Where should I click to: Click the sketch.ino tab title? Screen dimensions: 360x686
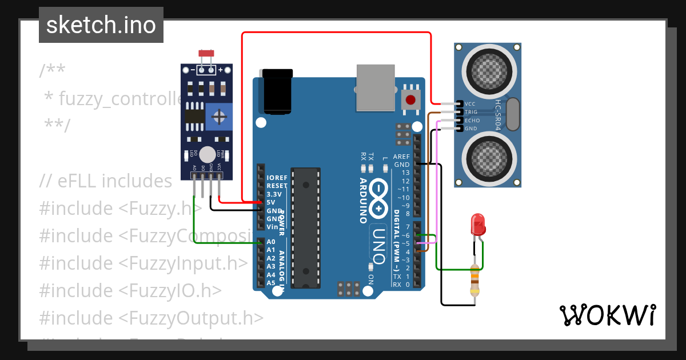(101, 25)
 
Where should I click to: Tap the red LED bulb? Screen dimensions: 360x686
(477, 225)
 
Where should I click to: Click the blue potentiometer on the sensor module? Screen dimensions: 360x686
(218, 117)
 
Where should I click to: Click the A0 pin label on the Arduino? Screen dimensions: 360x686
(271, 242)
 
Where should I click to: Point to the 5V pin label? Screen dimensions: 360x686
(271, 202)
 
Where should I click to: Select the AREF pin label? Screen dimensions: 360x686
(402, 157)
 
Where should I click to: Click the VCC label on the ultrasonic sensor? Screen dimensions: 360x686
(470, 104)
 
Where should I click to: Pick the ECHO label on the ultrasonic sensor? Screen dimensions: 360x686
(472, 121)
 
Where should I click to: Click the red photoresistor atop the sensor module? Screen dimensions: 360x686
(206, 53)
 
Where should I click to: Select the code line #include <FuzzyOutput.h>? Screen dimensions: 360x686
(151, 318)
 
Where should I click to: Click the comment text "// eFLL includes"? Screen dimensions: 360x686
(106, 181)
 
